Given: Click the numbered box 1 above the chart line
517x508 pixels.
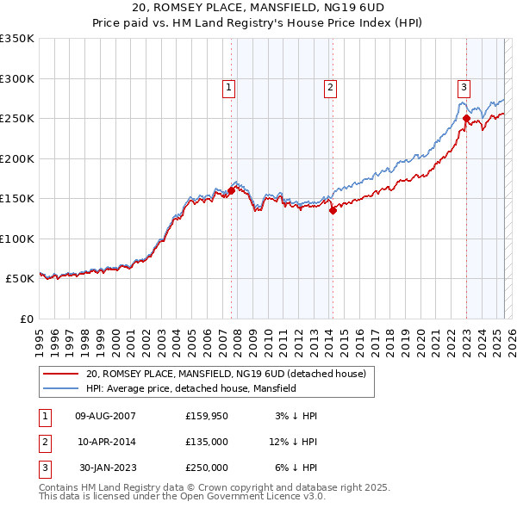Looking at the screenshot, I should pos(229,86).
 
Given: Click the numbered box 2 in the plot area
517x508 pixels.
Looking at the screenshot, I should pos(330,86).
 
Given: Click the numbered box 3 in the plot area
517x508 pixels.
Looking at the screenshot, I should pos(464,86).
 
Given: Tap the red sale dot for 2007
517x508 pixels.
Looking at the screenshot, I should pos(231,191).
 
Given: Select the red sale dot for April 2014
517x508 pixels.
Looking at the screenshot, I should pos(333,211).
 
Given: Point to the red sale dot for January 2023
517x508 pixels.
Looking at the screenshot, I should pos(466,119).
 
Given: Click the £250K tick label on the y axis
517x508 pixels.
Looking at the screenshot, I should pos(17,119).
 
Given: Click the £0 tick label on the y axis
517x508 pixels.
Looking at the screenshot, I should pos(26,319).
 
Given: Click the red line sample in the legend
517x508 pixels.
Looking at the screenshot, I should pos(59,375).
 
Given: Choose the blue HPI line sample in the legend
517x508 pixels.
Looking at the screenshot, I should pos(59,389).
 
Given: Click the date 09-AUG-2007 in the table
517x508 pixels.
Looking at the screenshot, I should pos(105,416).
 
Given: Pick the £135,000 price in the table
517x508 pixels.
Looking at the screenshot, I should pos(206,442).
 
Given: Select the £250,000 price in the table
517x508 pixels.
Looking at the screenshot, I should pos(206,468).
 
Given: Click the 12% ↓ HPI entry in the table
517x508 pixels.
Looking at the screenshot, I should pos(293,442).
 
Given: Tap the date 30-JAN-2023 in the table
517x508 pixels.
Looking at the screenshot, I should pos(107,468).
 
